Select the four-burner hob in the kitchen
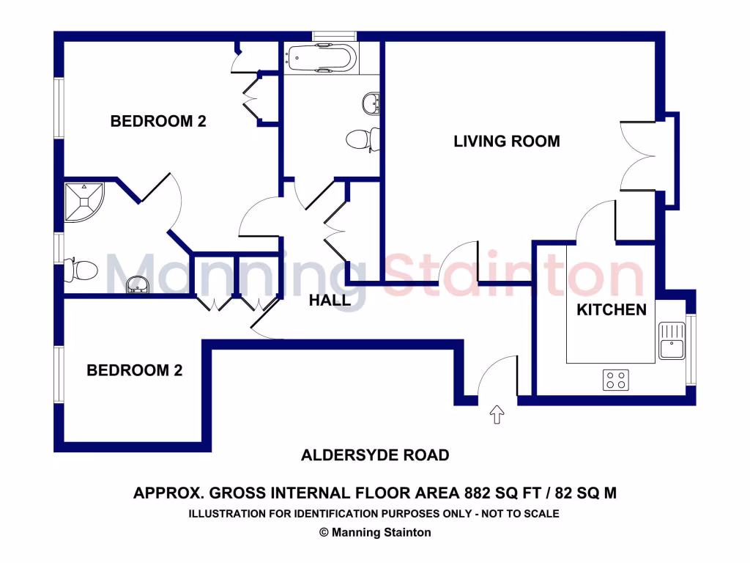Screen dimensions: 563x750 click(x=615, y=380)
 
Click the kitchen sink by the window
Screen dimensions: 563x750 click(x=671, y=341)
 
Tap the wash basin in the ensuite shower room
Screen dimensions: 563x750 click(x=137, y=284)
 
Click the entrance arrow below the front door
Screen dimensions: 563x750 click(x=497, y=415)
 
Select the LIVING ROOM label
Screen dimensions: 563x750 click(x=506, y=141)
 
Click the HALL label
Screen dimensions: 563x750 click(x=329, y=300)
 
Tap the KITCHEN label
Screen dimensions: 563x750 click(x=612, y=309)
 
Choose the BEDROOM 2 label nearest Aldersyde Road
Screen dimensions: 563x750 click(x=134, y=370)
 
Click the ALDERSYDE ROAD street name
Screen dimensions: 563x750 click(x=375, y=455)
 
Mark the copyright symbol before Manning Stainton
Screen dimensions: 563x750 click(x=324, y=533)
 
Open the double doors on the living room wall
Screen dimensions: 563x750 click(x=637, y=155)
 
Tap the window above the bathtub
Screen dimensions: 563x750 click(x=334, y=36)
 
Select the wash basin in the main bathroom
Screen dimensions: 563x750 click(x=372, y=103)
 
